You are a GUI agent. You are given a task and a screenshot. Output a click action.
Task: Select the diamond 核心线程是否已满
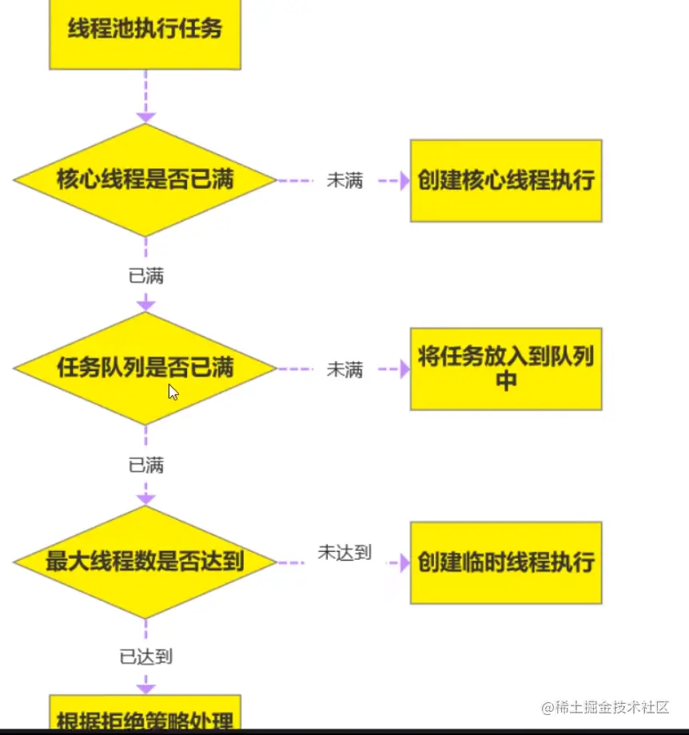click(145, 180)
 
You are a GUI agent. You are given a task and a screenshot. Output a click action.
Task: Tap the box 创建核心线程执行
click(506, 181)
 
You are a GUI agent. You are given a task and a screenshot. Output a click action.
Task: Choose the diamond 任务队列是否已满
click(145, 368)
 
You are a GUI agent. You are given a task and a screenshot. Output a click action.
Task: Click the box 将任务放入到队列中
click(506, 369)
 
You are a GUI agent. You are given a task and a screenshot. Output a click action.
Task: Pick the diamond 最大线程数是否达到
click(145, 561)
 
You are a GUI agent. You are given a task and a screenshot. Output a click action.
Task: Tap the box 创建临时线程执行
click(506, 562)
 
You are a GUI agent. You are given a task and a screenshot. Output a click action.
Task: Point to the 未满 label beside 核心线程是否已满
click(344, 181)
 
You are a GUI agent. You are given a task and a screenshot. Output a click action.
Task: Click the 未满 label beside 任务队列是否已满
click(344, 369)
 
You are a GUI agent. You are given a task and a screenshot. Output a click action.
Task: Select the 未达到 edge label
click(344, 553)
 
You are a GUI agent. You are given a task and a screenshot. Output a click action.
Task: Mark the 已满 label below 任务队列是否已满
click(145, 465)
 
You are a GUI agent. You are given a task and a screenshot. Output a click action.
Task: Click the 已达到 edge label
click(145, 657)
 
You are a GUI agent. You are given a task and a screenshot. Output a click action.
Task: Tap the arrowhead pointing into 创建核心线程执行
click(404, 181)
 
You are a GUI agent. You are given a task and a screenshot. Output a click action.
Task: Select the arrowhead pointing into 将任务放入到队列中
click(404, 369)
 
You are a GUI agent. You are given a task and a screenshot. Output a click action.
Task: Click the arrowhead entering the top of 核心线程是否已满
click(145, 118)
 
